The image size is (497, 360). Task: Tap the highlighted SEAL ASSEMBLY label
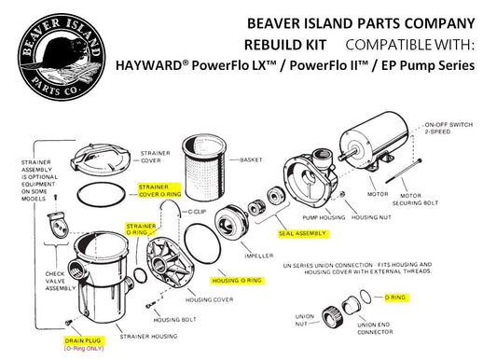click(302, 233)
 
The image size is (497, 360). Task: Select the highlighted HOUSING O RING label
click(237, 281)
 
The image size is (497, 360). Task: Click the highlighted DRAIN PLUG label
click(83, 340)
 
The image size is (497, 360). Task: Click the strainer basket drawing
click(205, 168)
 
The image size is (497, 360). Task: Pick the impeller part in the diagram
click(231, 221)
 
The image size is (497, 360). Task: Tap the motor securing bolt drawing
click(404, 171)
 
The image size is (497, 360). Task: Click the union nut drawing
click(331, 317)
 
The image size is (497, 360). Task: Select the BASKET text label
click(251, 160)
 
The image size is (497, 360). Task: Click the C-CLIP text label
click(197, 212)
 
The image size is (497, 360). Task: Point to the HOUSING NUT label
click(371, 217)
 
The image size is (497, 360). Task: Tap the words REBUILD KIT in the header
click(285, 45)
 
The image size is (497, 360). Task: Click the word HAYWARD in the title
click(148, 65)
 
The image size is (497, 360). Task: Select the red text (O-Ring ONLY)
click(84, 348)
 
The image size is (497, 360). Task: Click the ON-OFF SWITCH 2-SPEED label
click(449, 128)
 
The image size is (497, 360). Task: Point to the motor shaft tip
click(339, 158)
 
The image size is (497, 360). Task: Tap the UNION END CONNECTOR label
click(375, 328)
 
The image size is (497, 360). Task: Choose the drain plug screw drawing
click(67, 323)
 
